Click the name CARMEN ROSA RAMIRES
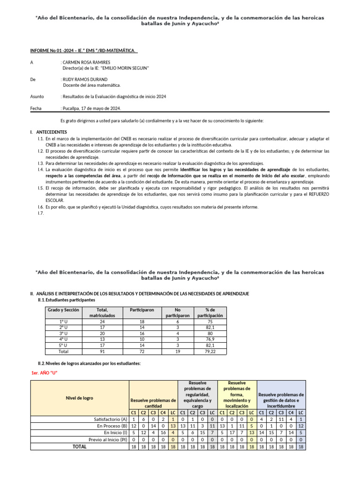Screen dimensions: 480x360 tap(86, 62)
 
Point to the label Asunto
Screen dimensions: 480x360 tap(37, 97)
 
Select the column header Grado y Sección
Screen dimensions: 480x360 tap(62, 310)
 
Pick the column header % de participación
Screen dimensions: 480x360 tap(210, 313)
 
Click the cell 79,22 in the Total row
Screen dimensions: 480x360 tap(210, 351)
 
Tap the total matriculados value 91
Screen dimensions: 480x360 tap(102, 351)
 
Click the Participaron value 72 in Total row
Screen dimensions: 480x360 tap(142, 351)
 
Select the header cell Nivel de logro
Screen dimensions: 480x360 tap(79, 398)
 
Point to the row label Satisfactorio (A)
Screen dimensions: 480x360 tap(111, 419)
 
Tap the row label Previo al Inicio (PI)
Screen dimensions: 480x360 tap(108, 440)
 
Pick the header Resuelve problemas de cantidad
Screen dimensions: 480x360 tap(153, 403)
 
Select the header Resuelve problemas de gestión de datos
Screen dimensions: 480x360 tap(281, 397)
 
